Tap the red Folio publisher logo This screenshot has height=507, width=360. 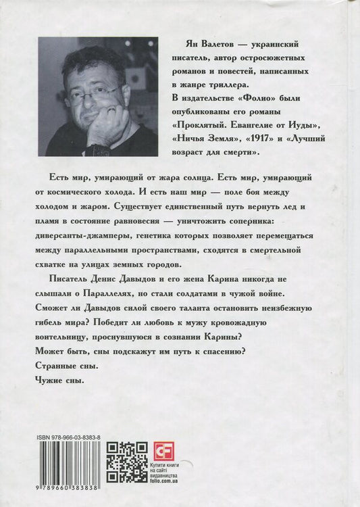tap(161, 450)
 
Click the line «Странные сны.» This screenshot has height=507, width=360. tap(65, 366)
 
